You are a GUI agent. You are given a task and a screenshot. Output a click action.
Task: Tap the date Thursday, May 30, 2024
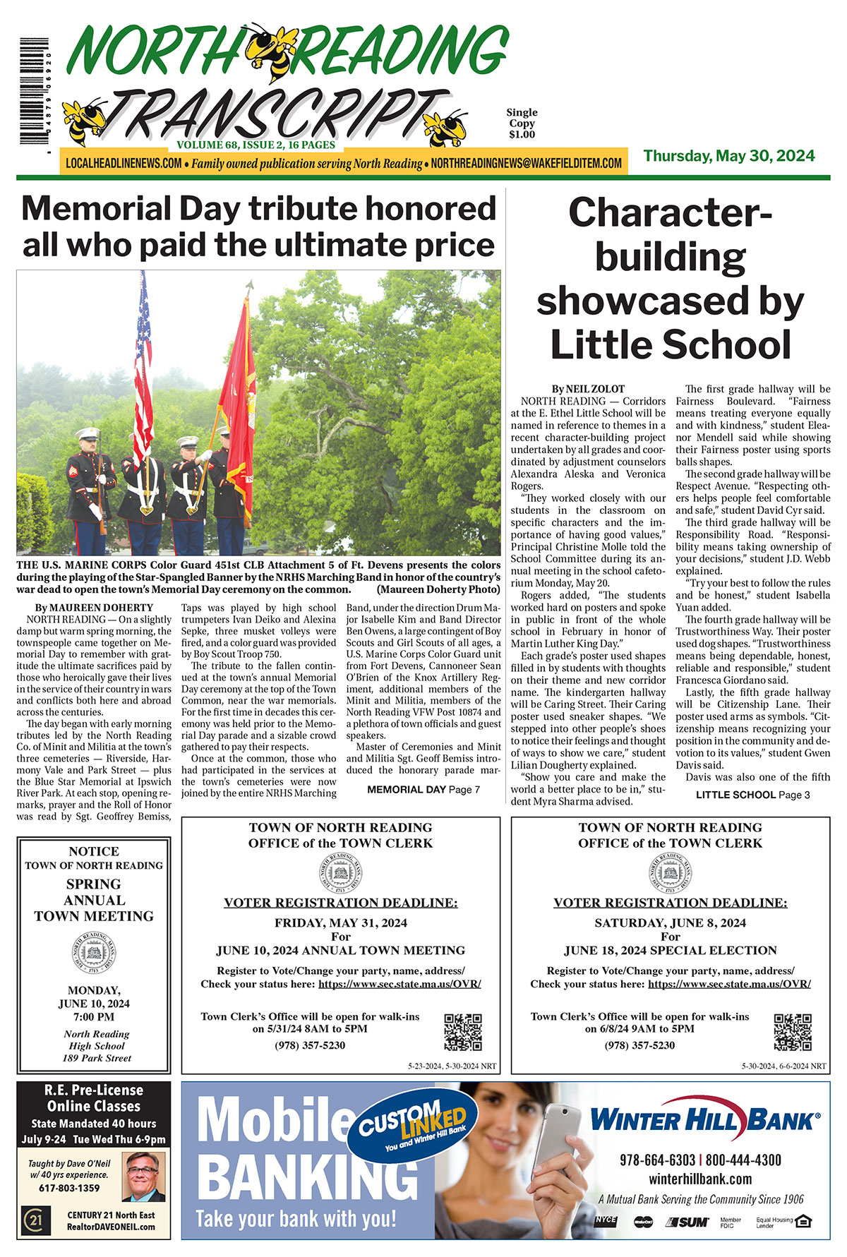(728, 156)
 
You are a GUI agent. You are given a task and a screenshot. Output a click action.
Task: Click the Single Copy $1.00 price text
(522, 123)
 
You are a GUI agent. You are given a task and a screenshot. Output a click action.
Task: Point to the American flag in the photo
(143, 367)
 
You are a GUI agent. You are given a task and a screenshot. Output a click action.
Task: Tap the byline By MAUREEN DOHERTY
(94, 607)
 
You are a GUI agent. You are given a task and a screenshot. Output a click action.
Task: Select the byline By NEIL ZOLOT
(588, 388)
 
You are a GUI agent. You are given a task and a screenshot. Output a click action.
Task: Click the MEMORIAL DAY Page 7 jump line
(423, 789)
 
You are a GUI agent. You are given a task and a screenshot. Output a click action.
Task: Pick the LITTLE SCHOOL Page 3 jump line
(752, 795)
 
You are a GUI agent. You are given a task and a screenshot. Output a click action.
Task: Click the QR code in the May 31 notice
(462, 1032)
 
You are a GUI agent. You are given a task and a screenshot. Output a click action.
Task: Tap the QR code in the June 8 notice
(792, 1032)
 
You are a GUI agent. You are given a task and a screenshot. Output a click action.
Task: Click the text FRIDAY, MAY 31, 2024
(340, 922)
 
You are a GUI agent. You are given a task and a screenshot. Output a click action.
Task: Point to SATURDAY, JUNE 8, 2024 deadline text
(670, 922)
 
